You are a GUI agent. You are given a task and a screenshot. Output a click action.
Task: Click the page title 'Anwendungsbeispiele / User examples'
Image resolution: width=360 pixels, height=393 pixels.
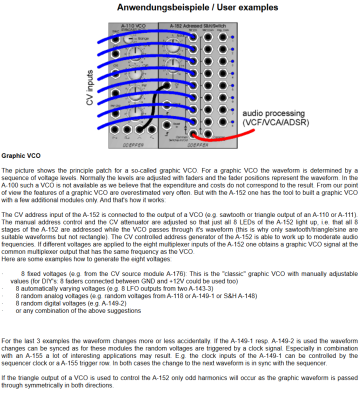tap(197, 7)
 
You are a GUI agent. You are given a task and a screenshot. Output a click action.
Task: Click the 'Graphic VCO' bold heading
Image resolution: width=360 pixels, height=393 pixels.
tap(21, 156)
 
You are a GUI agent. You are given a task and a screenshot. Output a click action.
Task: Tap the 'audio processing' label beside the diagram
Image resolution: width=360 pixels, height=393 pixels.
tap(273, 113)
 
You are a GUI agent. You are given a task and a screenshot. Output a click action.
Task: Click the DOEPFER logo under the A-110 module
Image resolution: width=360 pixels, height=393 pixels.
tap(133, 144)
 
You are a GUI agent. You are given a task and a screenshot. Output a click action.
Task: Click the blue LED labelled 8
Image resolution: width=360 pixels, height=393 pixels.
tap(232, 122)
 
